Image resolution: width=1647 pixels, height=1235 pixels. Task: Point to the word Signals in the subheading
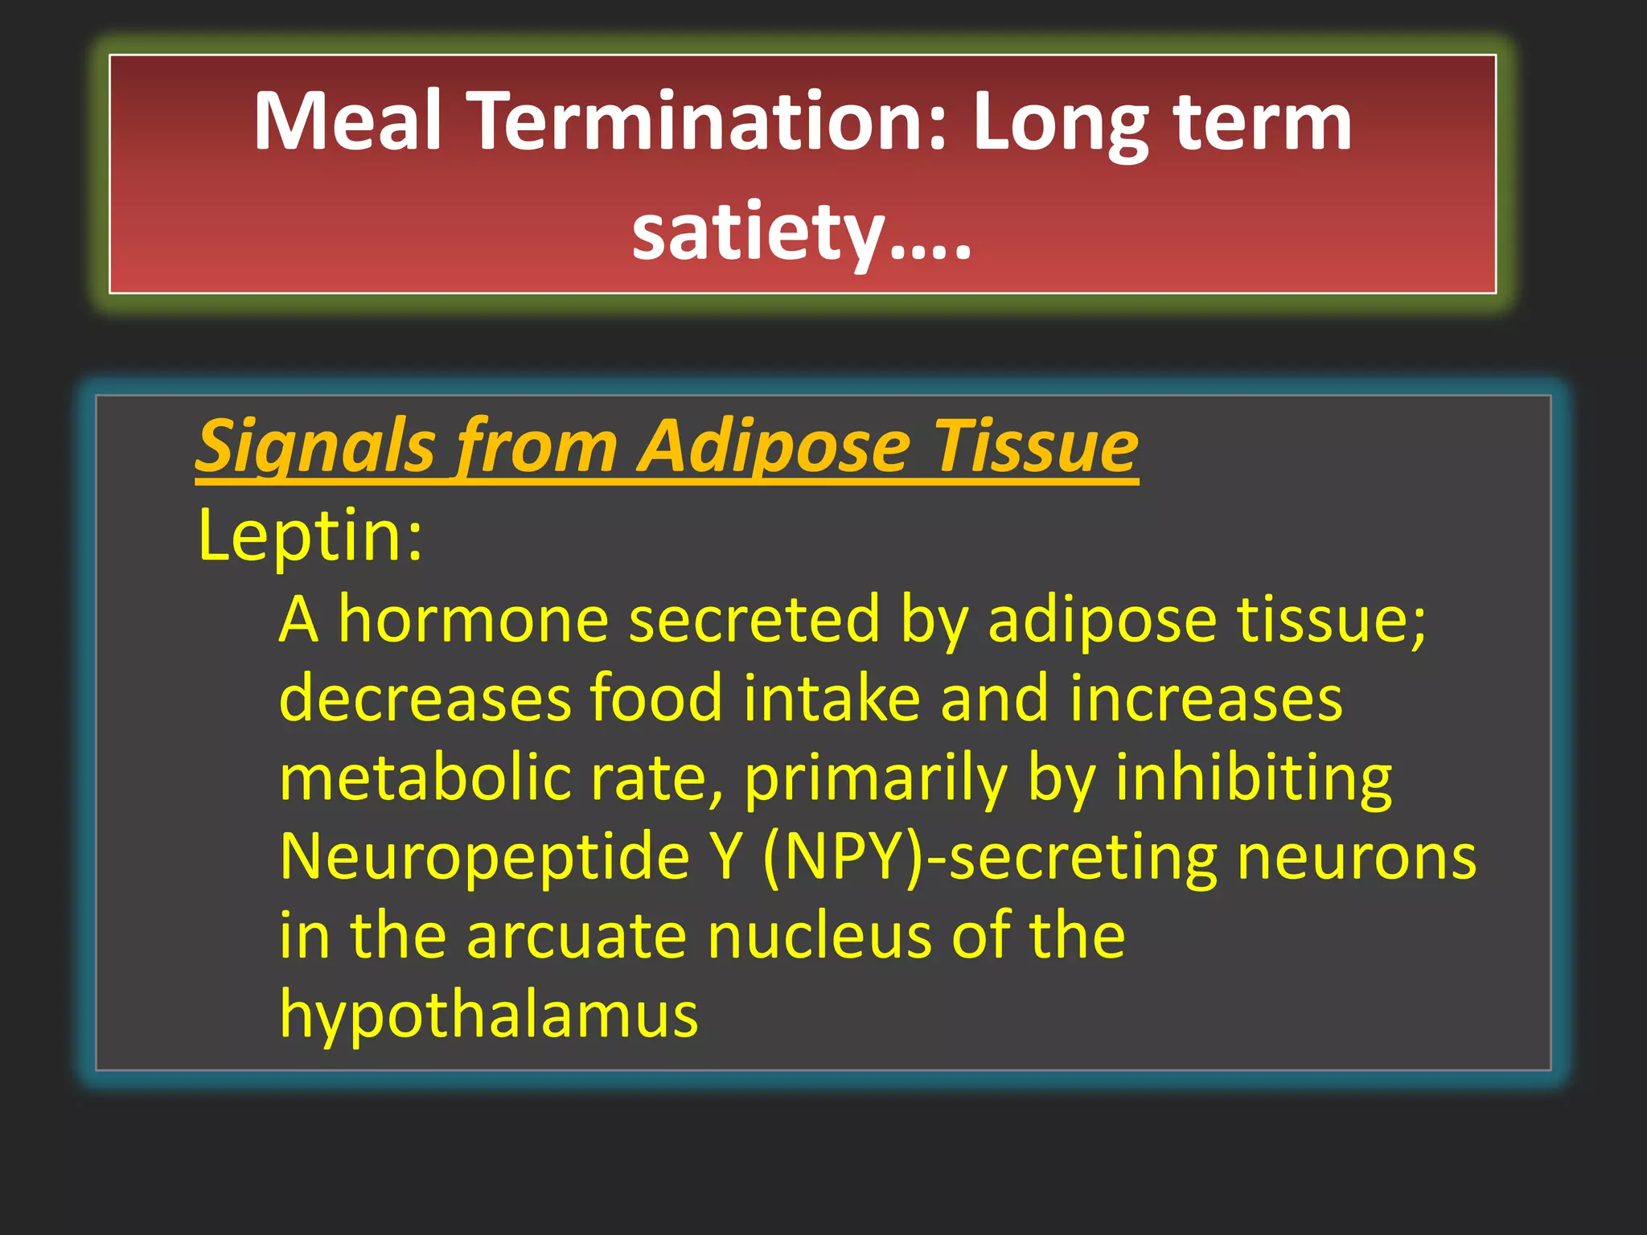pyautogui.click(x=315, y=447)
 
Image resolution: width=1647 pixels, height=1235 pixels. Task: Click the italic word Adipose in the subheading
pyautogui.click(x=774, y=447)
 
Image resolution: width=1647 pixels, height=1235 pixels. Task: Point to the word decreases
pyautogui.click(x=425, y=698)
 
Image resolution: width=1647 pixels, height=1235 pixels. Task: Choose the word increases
pyautogui.click(x=1205, y=698)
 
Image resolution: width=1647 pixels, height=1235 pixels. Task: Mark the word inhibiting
pyautogui.click(x=1253, y=778)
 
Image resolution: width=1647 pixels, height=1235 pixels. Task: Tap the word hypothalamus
pyautogui.click(x=489, y=1015)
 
